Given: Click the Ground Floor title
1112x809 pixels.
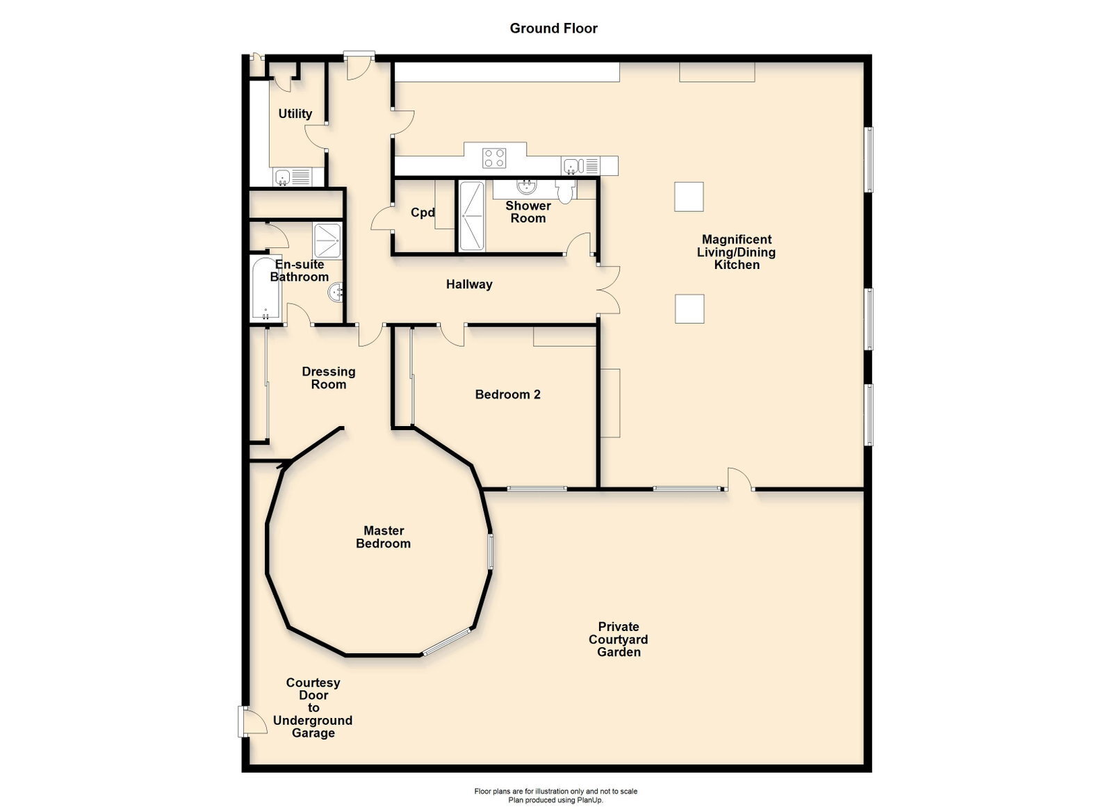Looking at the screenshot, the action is [553, 28].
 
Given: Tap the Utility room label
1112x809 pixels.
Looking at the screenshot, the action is [295, 114].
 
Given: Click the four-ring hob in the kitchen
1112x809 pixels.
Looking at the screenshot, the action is [494, 158].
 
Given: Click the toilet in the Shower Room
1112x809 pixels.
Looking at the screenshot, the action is [566, 190].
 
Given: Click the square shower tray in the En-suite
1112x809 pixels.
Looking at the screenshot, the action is [327, 240].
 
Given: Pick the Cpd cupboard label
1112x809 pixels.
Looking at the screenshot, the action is [423, 213].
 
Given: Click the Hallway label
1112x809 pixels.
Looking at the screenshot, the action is [469, 284].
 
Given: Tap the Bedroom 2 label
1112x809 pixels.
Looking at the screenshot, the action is [507, 395].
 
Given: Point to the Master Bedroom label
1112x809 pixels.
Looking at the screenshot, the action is [383, 537].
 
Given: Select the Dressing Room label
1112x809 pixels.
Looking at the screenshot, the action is [329, 377].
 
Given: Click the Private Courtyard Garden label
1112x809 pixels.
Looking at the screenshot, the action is [618, 639].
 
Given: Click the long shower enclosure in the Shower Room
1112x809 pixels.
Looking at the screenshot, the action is [472, 216].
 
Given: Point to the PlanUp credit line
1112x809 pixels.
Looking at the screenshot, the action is [555, 800].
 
